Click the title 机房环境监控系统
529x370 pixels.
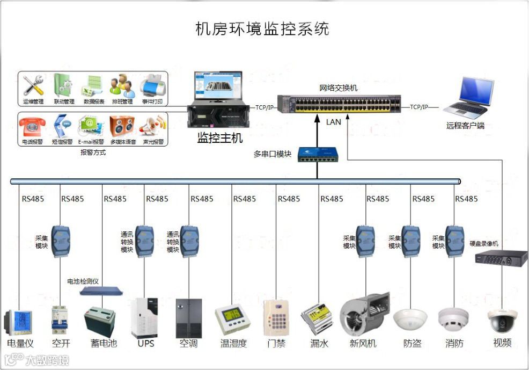coord(262,28)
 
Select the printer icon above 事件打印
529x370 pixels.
coord(152,85)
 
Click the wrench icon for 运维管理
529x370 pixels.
coord(33,85)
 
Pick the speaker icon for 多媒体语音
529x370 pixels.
coord(122,126)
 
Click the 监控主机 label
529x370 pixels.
coord(220,138)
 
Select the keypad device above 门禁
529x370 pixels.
coord(276,317)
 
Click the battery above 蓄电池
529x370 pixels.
coord(100,321)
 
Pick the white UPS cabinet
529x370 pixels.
coord(144,317)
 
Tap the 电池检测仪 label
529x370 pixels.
coord(83,281)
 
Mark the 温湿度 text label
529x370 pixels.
coord(233,343)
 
